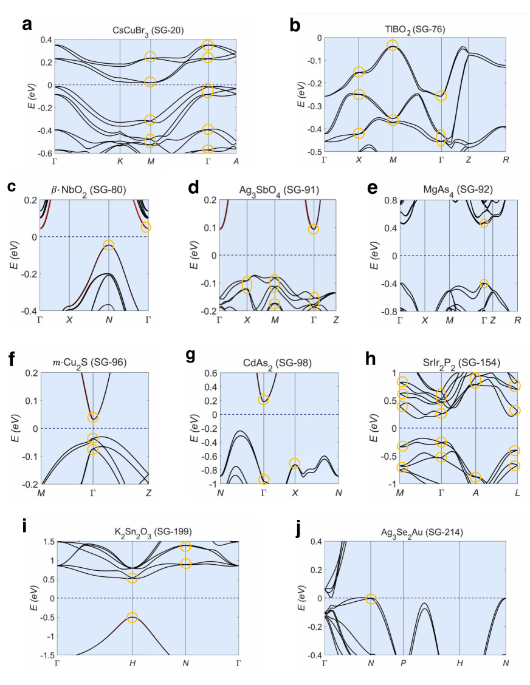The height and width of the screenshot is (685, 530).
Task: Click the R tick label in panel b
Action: pos(506,160)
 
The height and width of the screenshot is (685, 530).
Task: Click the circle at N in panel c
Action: pos(109,245)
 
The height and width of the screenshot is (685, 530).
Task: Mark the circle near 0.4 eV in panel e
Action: pos(484,223)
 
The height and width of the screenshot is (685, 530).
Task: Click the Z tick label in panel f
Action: pos(149,492)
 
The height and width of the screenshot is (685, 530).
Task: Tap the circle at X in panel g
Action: pos(295,463)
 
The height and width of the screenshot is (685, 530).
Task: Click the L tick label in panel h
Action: pos(517,492)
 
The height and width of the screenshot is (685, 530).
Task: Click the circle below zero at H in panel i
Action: pos(132,618)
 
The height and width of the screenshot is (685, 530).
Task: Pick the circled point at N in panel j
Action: pos(371,599)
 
